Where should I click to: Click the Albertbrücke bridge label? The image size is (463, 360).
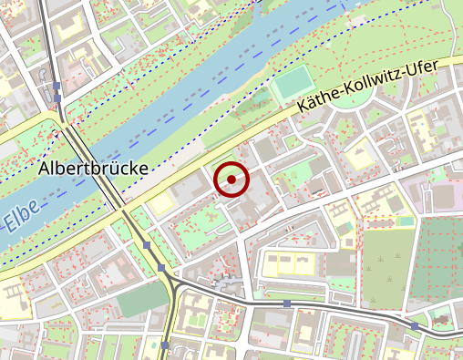click(93, 169)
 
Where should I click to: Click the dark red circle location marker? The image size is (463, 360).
click(231, 180)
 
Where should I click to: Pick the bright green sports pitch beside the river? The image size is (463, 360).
click(292, 87)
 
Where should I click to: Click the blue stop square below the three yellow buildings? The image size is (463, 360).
click(287, 303)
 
